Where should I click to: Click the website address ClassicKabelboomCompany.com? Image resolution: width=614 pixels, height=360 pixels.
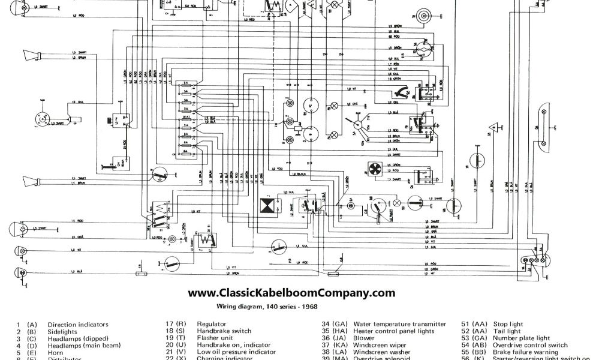click(x=292, y=293)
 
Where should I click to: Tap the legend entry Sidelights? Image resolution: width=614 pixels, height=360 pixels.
click(x=62, y=331)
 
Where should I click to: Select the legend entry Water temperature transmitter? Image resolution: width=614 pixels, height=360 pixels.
click(x=399, y=324)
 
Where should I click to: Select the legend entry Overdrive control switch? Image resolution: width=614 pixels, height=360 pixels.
click(x=530, y=346)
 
